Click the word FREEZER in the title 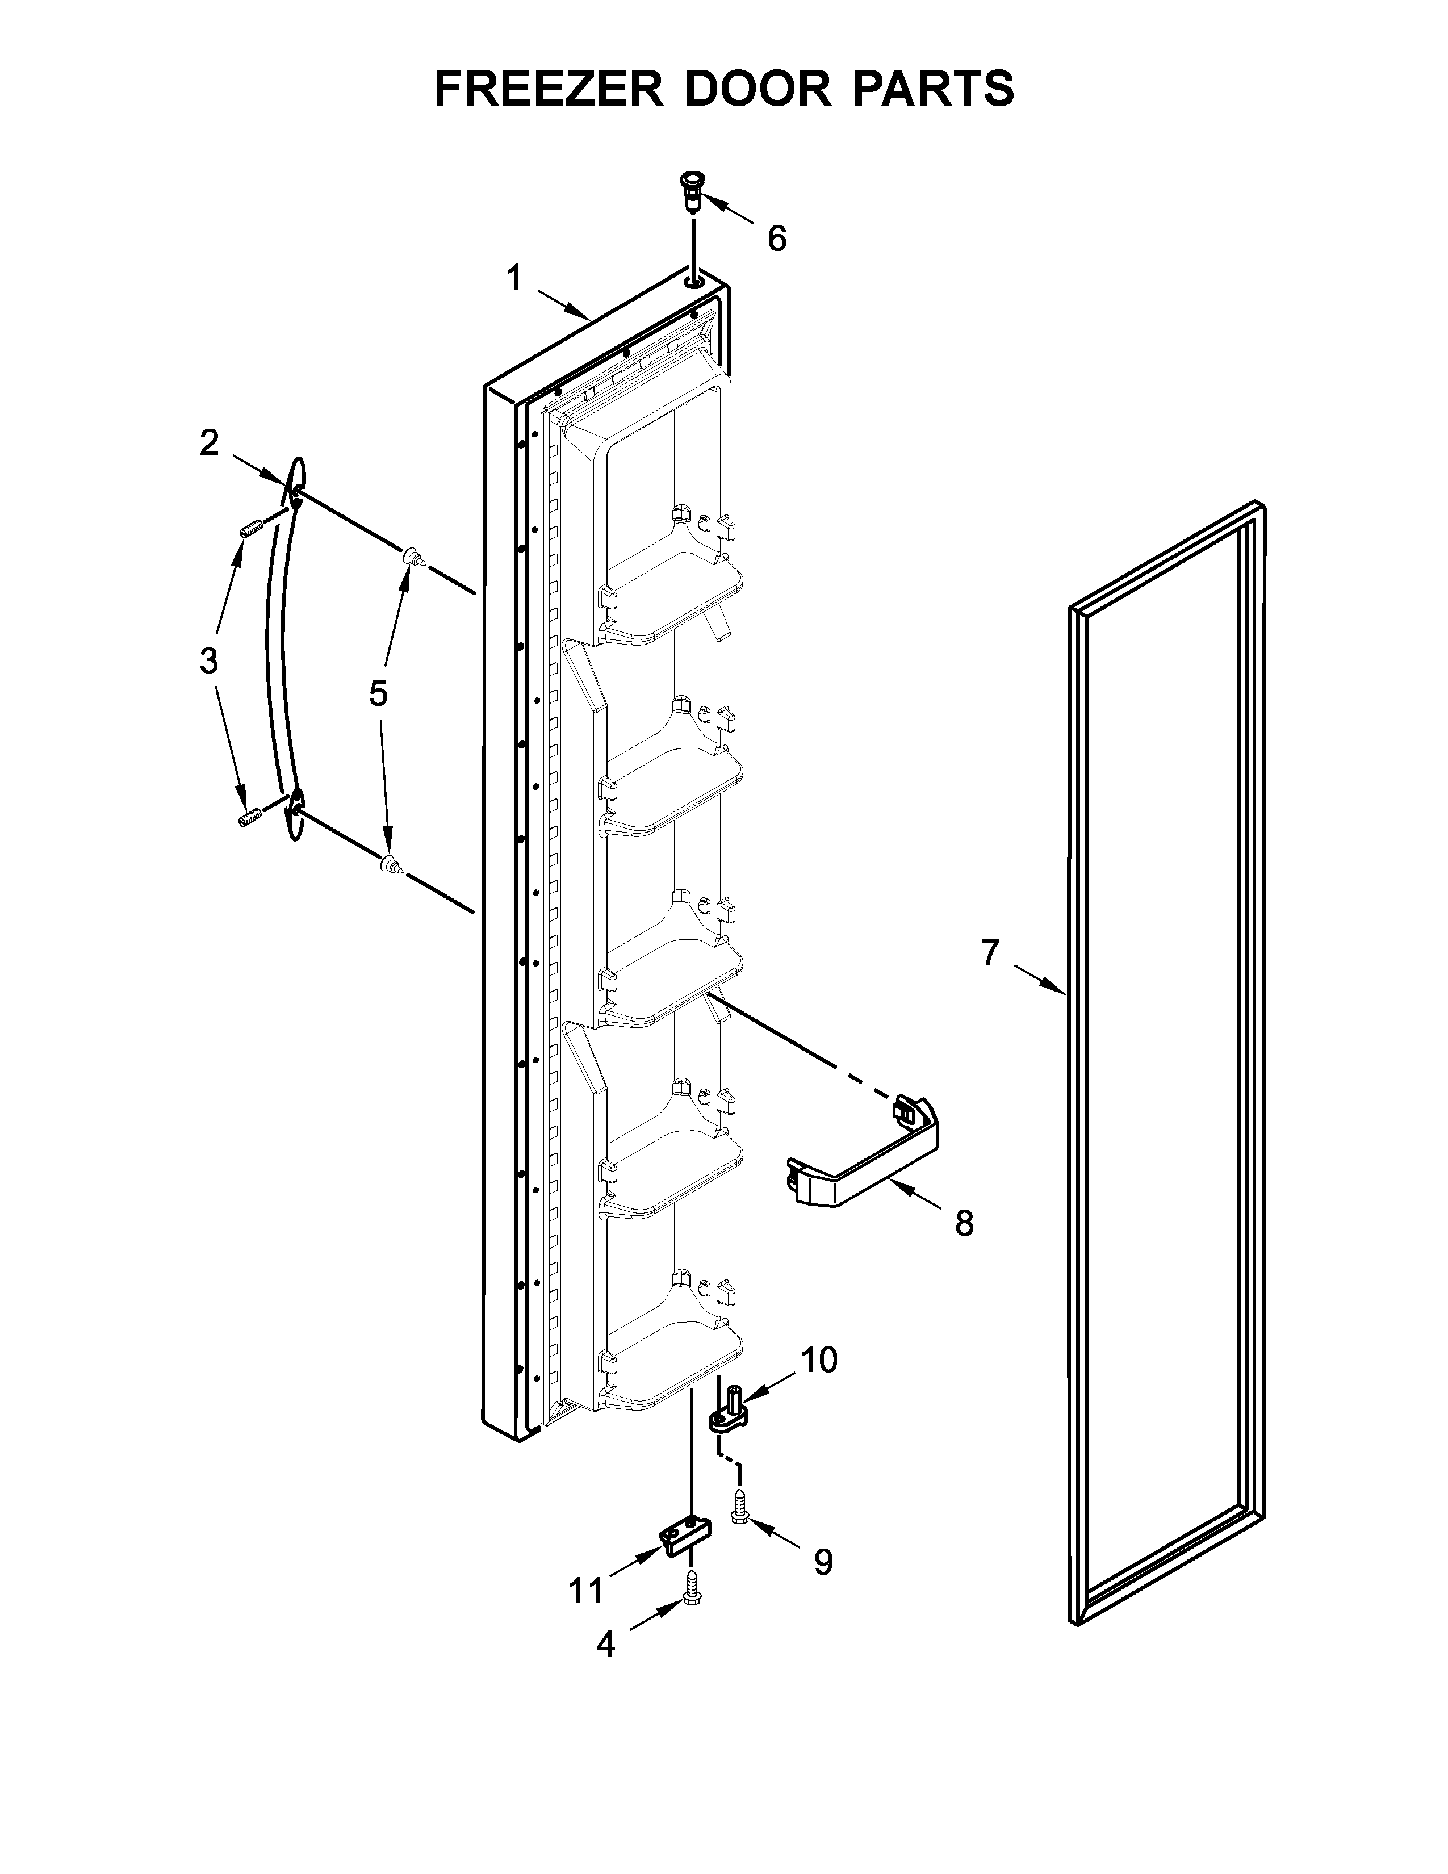549,89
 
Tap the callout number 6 776,239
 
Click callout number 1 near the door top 514,278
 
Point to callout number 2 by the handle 210,444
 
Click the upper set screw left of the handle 249,530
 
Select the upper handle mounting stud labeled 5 415,557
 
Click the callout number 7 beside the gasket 991,952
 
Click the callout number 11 588,1592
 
